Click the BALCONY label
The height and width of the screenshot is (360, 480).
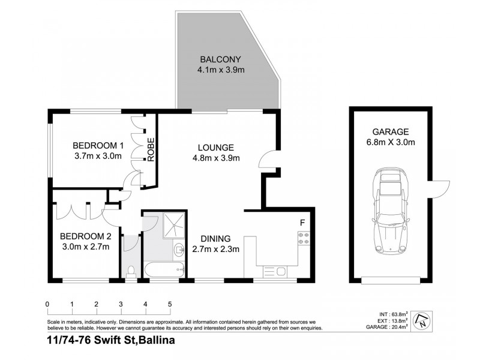coord(220,59)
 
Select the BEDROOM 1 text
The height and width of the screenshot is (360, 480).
coord(98,145)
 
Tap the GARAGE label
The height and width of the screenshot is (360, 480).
coord(389,132)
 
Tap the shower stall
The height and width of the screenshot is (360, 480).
coord(175,224)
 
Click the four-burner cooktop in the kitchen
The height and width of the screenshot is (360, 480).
coord(302,239)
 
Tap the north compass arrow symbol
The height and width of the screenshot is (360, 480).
coord(424,320)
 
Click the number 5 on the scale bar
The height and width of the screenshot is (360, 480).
coord(170,304)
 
